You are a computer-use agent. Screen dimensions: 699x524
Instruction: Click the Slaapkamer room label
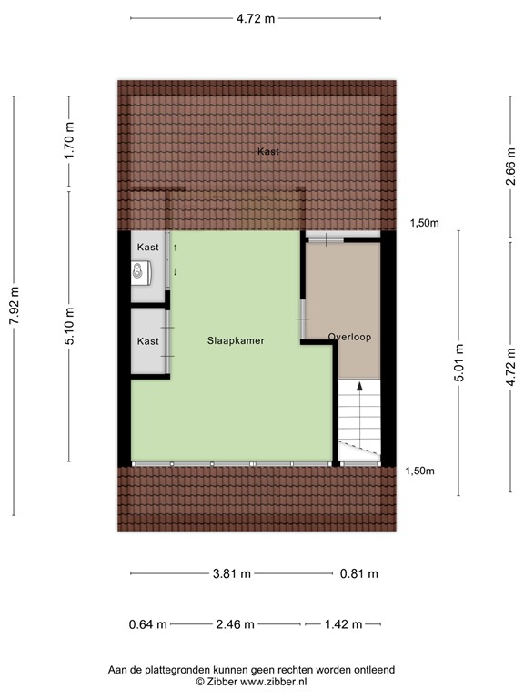click(x=235, y=341)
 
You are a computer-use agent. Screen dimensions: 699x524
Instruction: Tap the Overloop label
click(x=349, y=337)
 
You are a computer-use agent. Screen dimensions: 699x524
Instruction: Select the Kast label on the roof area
click(x=267, y=152)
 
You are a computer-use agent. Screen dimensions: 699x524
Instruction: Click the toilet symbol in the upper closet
click(x=138, y=270)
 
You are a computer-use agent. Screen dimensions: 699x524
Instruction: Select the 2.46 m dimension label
click(x=236, y=624)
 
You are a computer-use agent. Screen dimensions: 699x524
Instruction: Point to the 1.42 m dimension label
click(x=344, y=624)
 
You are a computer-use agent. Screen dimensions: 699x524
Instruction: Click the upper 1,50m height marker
click(x=423, y=223)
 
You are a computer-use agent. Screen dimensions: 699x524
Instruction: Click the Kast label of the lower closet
click(x=148, y=341)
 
